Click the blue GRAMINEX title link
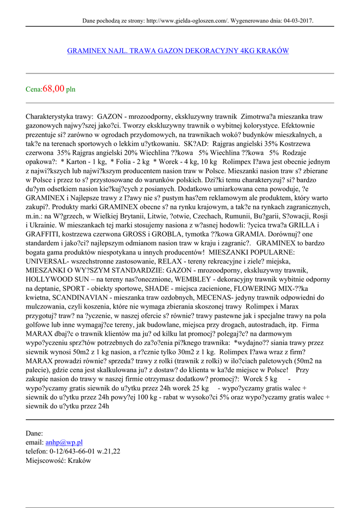click(x=178, y=51)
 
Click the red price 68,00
click(x=54, y=89)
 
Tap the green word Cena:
click(x=34, y=90)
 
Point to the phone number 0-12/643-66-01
click(x=72, y=451)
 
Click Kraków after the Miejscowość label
click(x=80, y=460)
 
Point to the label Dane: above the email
click(x=34, y=433)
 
